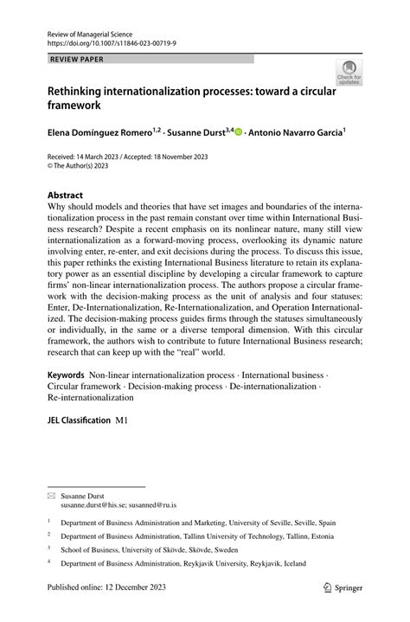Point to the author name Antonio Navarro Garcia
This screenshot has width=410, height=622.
pyautogui.click(x=295, y=134)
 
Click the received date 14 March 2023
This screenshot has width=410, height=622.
pyautogui.click(x=106, y=156)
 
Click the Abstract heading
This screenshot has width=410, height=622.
pyautogui.click(x=66, y=196)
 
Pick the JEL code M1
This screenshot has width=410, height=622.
pyautogui.click(x=121, y=418)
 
